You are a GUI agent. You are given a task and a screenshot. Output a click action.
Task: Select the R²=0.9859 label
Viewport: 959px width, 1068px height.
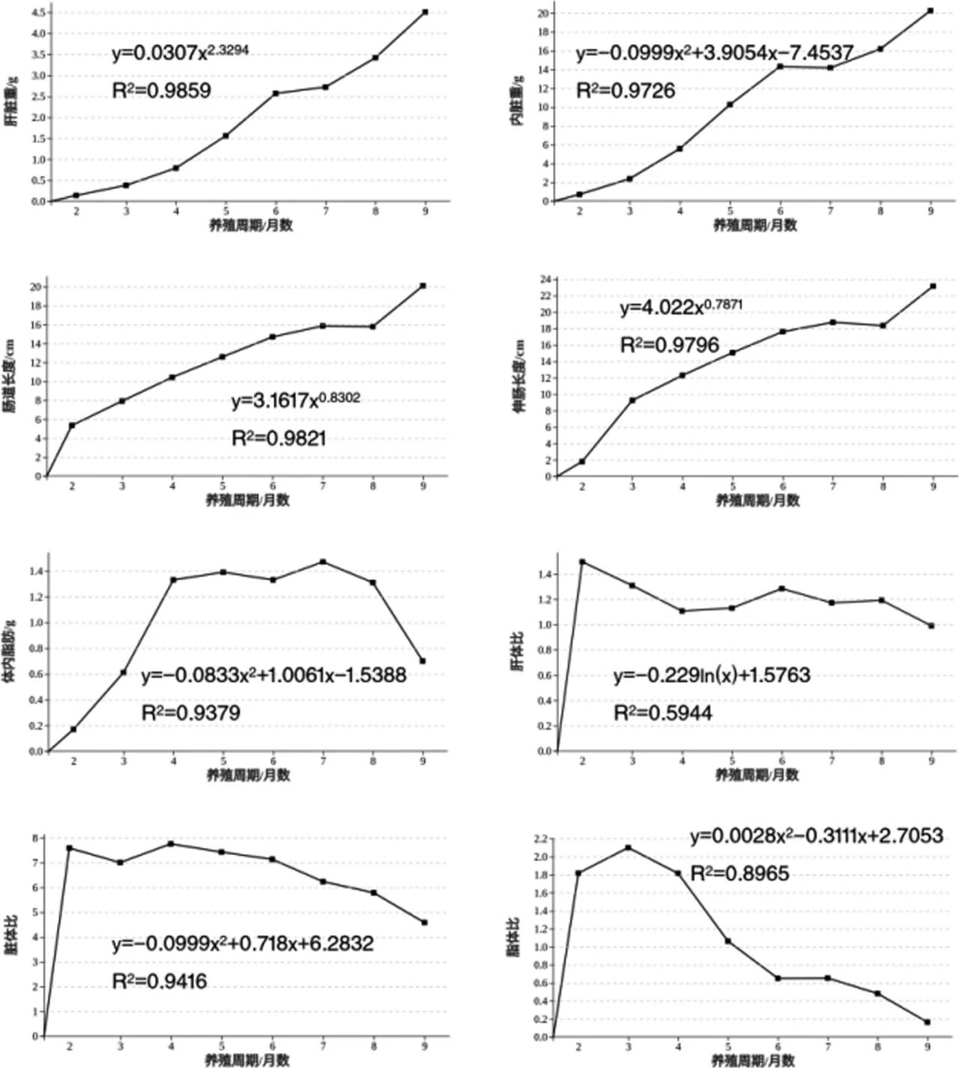pos(161,91)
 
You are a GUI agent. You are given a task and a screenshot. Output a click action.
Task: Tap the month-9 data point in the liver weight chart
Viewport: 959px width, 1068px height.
pos(426,12)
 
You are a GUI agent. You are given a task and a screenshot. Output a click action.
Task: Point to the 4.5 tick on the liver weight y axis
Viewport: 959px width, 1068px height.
pos(38,12)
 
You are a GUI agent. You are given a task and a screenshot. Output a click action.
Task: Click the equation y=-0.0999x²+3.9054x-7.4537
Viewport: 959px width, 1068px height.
pos(714,53)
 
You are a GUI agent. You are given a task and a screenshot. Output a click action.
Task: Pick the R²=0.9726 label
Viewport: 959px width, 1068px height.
pos(625,91)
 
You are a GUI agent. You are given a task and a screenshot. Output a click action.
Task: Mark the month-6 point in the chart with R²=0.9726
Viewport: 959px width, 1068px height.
pos(780,67)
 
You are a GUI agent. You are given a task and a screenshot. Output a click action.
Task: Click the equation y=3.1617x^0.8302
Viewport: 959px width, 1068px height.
pos(295,400)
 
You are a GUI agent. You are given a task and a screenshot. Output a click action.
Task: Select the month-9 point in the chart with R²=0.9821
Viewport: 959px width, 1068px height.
pos(423,286)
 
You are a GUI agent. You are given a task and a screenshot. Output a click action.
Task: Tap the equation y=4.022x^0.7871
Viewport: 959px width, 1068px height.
pos(681,307)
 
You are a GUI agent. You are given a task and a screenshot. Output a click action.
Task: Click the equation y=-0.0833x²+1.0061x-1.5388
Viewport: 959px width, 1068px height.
pos(273,675)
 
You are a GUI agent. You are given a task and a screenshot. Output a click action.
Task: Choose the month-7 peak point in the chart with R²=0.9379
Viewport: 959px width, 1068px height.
pos(323,561)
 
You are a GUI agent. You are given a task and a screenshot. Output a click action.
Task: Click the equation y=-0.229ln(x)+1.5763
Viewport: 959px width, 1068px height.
pos(712,675)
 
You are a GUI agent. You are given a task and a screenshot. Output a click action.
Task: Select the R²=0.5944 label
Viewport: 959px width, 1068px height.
pos(662,713)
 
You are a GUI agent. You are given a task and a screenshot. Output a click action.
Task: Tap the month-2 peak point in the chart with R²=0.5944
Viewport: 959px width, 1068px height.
pos(582,561)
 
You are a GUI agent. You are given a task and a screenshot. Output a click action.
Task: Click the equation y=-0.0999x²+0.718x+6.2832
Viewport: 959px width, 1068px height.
pos(243,944)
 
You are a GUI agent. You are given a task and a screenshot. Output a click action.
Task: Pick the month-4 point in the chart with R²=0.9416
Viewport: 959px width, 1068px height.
pos(172,844)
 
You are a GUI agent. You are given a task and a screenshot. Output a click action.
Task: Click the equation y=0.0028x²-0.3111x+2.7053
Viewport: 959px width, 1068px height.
pos(816,836)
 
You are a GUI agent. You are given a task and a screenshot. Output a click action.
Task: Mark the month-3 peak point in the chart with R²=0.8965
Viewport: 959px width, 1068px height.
pos(628,848)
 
